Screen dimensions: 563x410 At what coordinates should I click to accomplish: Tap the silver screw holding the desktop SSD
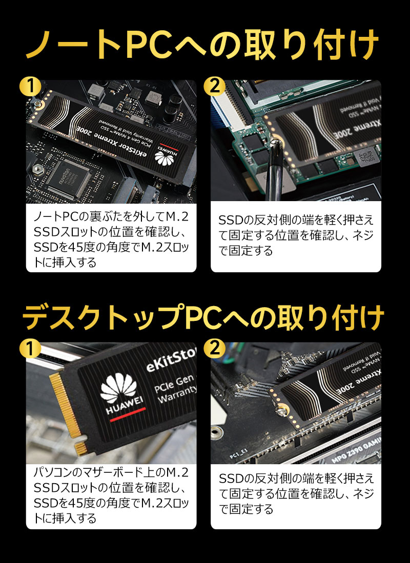(281, 409)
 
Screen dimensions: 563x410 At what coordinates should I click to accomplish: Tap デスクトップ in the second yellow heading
(102, 318)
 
